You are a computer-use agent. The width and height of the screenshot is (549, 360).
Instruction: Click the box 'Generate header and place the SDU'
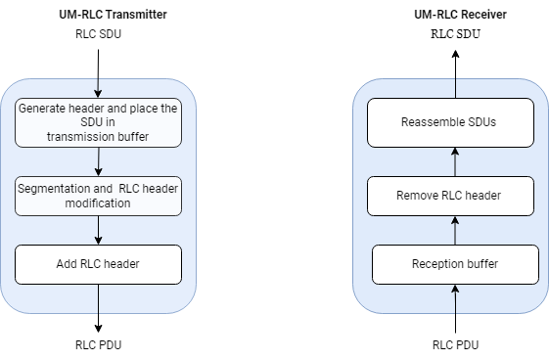pos(98,122)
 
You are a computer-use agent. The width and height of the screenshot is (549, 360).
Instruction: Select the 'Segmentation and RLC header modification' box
pos(98,196)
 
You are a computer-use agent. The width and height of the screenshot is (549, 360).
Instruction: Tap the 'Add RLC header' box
pos(98,264)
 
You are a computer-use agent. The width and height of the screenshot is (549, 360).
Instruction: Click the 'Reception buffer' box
pos(455,264)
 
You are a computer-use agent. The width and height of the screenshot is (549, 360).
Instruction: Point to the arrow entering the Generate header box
pos(98,88)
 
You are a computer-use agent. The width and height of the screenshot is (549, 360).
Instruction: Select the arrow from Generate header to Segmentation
pos(98,161)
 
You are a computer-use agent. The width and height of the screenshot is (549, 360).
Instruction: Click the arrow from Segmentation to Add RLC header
pos(98,230)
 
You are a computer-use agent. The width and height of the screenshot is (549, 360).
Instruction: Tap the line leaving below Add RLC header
pos(98,298)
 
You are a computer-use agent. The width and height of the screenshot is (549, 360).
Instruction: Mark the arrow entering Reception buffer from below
pos(455,298)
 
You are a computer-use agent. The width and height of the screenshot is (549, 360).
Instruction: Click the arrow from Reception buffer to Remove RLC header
pos(454,230)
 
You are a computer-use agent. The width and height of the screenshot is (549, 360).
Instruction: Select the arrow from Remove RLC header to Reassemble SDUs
pos(452,161)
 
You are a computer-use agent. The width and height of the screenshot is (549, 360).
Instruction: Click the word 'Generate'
pos(43,109)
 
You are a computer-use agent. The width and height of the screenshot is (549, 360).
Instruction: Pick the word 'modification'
pos(98,203)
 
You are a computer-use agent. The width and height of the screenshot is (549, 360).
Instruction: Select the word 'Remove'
pos(418,196)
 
